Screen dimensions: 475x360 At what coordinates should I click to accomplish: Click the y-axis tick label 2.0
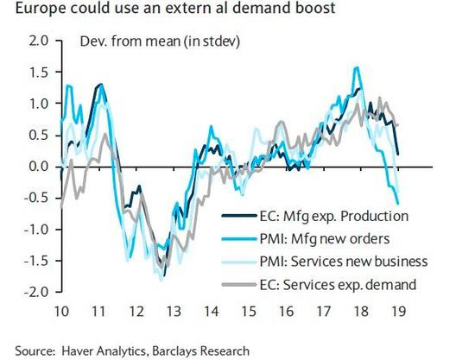click(39, 41)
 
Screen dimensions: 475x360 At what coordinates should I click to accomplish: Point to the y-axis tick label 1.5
click(39, 72)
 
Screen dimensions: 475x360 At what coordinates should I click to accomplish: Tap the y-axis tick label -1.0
click(35, 229)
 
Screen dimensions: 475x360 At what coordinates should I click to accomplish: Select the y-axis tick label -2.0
click(35, 292)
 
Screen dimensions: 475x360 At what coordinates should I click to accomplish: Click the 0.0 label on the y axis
click(39, 167)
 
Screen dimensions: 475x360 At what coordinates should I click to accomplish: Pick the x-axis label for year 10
click(61, 311)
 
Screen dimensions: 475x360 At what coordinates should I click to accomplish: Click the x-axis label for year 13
click(174, 311)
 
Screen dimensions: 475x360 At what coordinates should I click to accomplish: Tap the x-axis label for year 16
click(286, 311)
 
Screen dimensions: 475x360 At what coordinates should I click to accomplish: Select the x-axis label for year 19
click(398, 311)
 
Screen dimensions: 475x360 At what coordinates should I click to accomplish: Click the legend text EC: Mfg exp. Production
click(334, 216)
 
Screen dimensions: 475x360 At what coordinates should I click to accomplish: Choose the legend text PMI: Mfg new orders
click(325, 239)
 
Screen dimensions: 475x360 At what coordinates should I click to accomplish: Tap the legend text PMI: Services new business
click(344, 262)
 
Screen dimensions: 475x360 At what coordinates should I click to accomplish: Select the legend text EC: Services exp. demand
click(338, 285)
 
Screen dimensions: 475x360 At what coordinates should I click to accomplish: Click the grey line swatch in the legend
click(239, 284)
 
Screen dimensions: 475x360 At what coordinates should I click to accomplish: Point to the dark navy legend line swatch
click(239, 216)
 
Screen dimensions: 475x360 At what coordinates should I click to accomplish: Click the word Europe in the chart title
click(40, 8)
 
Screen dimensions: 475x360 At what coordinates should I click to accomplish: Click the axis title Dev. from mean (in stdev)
click(160, 41)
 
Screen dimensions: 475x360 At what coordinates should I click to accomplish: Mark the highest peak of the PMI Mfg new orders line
click(357, 67)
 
